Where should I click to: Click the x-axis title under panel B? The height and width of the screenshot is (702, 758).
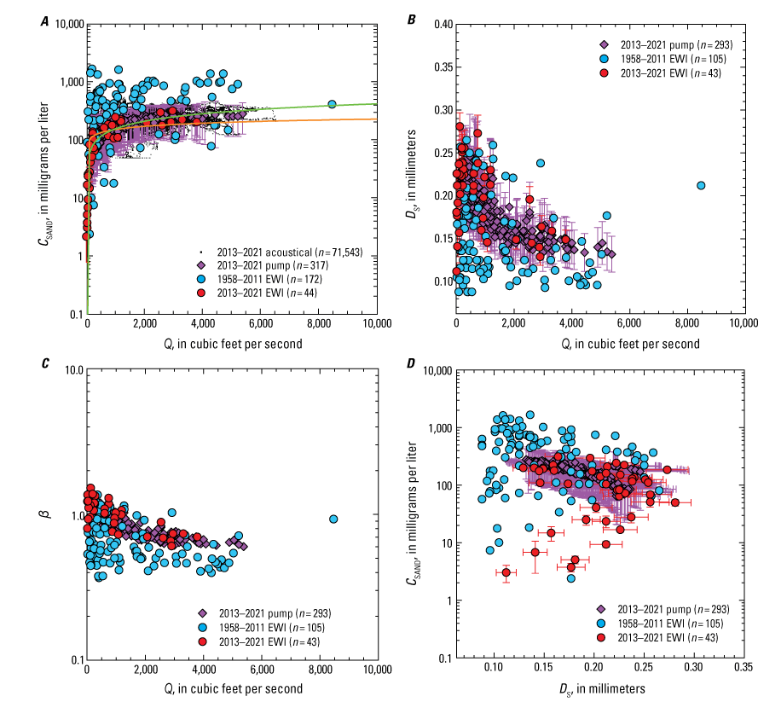pos(600,345)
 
